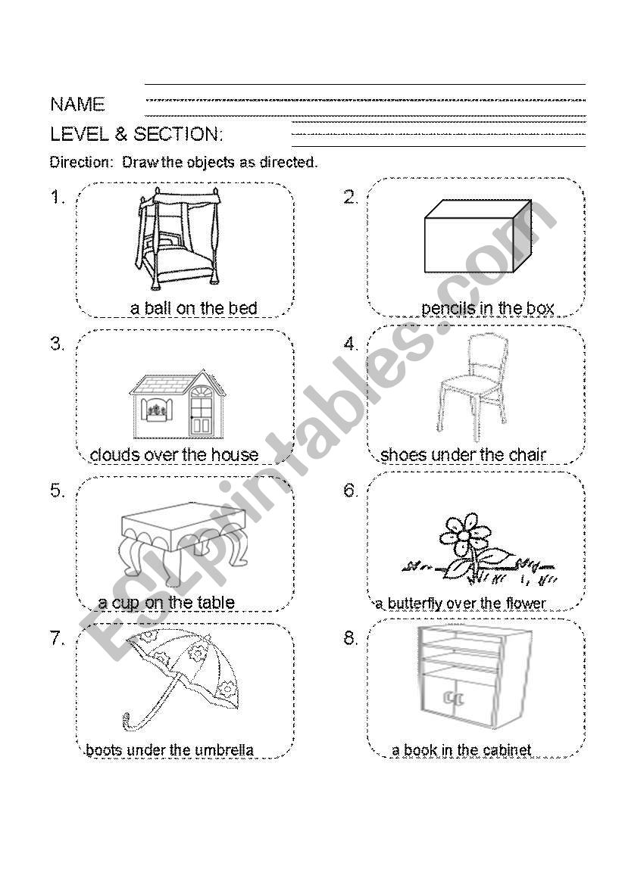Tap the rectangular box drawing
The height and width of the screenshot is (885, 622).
tap(477, 235)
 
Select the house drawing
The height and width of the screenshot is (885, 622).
tap(177, 404)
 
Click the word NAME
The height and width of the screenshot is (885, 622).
tap(77, 104)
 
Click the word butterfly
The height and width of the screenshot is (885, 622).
tap(414, 604)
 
